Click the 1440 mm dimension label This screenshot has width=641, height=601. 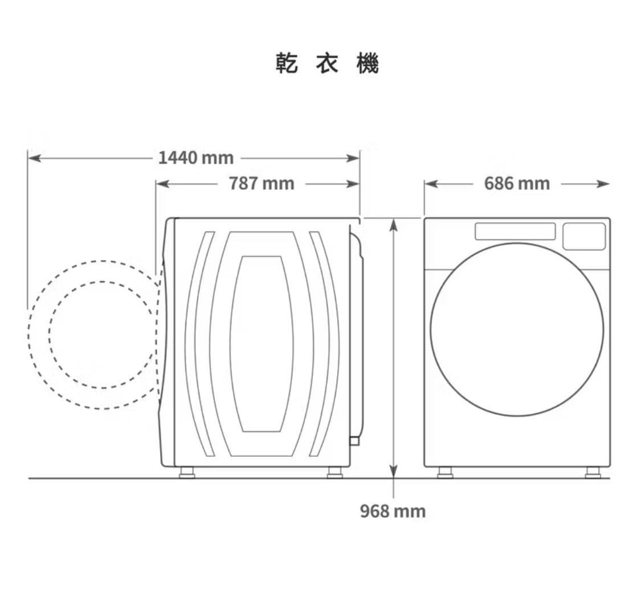coord(196,158)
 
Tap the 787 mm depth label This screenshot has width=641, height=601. coord(262,183)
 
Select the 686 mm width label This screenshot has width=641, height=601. coord(517,183)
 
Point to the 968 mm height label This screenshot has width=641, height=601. coord(393,511)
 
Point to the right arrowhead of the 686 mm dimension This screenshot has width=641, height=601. coord(603,184)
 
